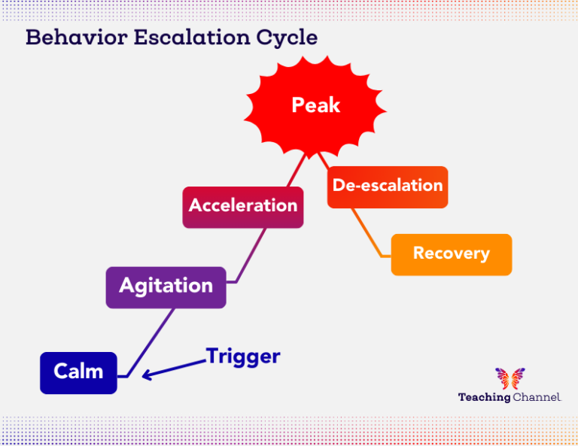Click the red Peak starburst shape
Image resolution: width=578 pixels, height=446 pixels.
click(x=316, y=105)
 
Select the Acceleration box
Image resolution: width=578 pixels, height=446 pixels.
click(x=243, y=206)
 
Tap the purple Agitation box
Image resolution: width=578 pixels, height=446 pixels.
click(x=166, y=287)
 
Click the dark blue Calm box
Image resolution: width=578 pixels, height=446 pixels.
click(x=78, y=372)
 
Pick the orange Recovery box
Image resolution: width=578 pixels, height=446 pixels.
click(x=451, y=254)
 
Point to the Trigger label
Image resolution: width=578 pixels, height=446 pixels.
click(x=243, y=356)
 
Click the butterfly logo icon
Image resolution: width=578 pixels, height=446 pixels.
click(x=510, y=378)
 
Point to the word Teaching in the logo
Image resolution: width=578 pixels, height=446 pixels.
click(x=484, y=397)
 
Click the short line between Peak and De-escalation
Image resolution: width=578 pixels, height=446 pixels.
click(x=323, y=159)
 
